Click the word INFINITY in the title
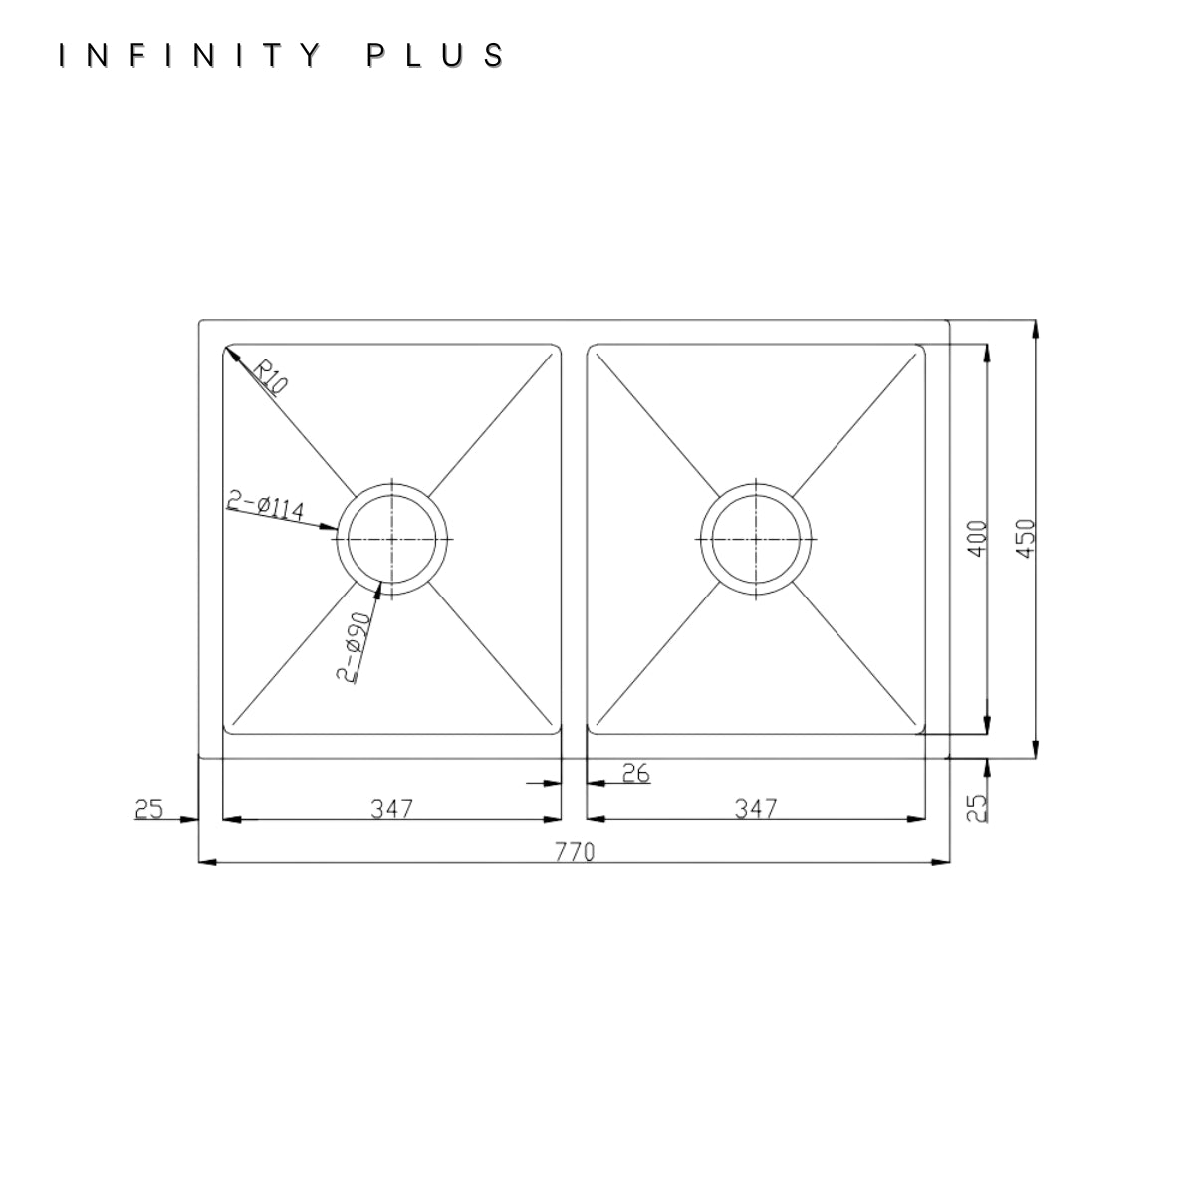(x=190, y=55)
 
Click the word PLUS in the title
(x=435, y=55)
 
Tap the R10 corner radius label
(x=271, y=377)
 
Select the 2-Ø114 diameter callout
(x=266, y=506)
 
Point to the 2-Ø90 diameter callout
(x=354, y=647)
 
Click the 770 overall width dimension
(x=575, y=852)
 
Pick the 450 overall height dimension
(x=1027, y=539)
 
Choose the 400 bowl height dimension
(x=977, y=539)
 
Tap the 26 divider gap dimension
(x=635, y=773)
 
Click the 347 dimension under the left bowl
(x=392, y=808)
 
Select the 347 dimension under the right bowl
(x=755, y=808)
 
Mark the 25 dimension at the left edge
(x=148, y=809)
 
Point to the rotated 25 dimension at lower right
(x=977, y=808)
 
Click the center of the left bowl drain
(x=392, y=539)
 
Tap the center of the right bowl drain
(x=755, y=539)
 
